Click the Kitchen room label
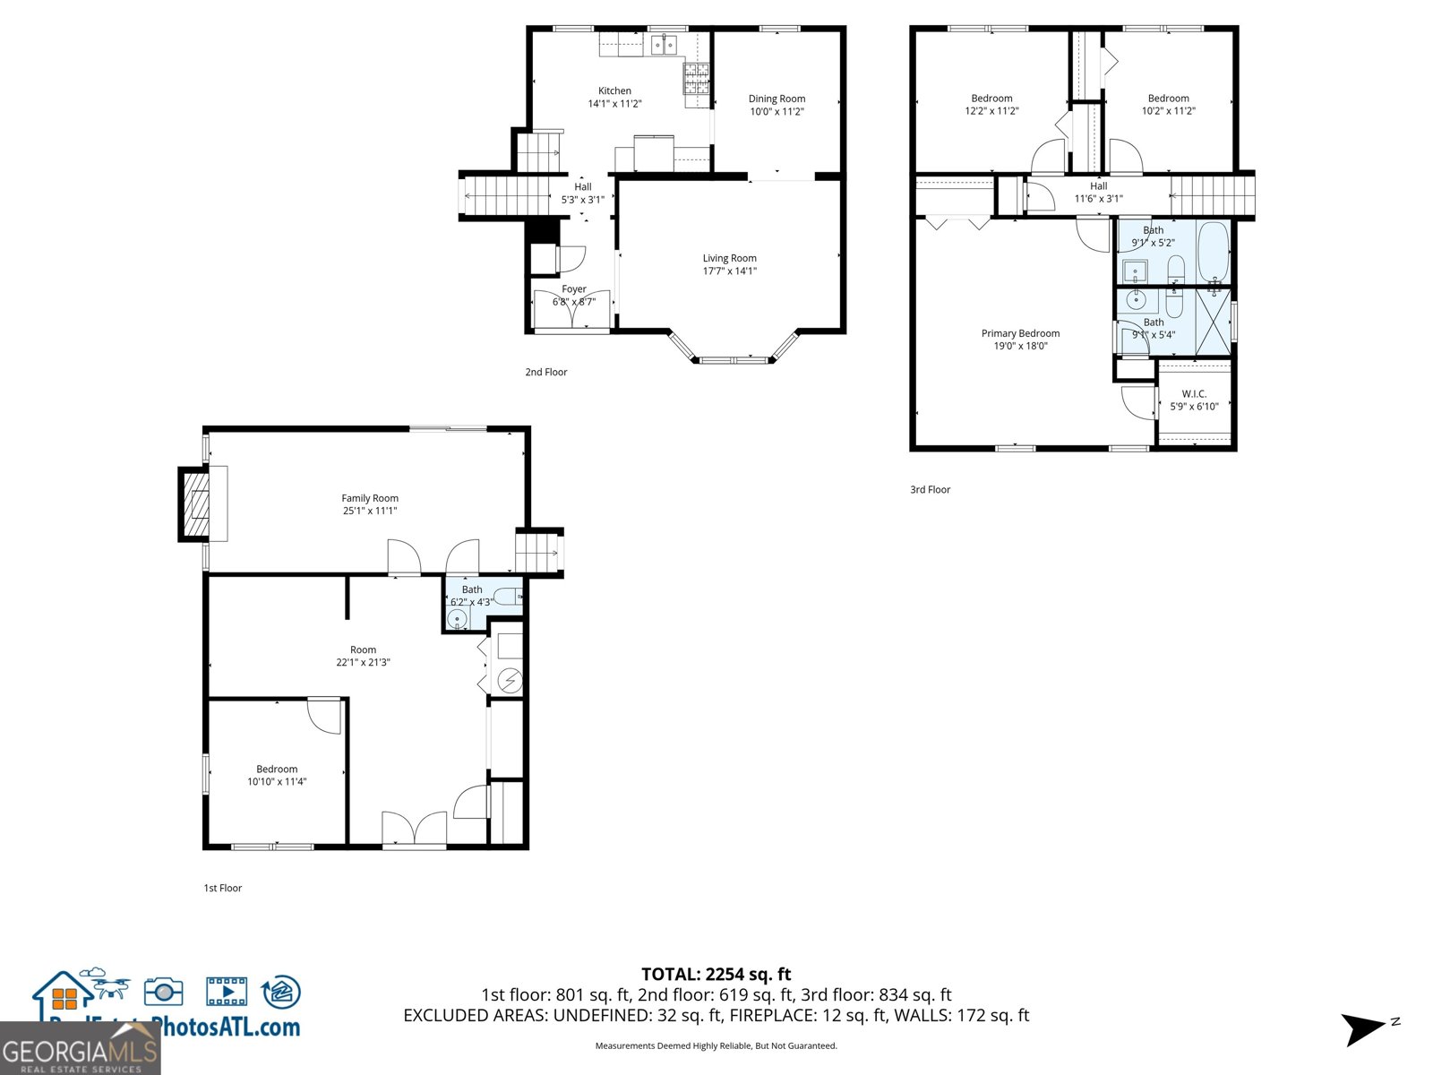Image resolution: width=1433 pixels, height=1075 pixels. click(614, 90)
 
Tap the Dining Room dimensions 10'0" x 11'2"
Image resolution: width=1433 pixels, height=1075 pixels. click(777, 111)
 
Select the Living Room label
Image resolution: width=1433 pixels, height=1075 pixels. click(729, 258)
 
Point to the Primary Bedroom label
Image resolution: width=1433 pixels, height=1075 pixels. click(1020, 333)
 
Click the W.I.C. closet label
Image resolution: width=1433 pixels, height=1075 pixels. click(1194, 394)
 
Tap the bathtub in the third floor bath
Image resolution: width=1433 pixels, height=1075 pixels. click(1214, 252)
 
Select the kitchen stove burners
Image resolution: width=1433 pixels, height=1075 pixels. click(697, 78)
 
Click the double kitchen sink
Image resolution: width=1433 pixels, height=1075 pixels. click(664, 44)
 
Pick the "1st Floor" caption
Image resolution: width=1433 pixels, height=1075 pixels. click(223, 888)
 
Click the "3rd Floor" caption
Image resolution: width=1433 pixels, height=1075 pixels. click(930, 489)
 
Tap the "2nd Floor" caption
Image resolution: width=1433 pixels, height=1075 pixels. click(546, 372)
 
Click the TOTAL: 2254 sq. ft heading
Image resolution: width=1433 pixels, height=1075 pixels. click(716, 974)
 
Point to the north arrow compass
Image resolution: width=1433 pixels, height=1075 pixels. click(1366, 1028)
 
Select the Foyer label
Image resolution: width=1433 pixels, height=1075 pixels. click(574, 289)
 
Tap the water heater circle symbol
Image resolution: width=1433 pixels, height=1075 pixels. click(510, 682)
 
